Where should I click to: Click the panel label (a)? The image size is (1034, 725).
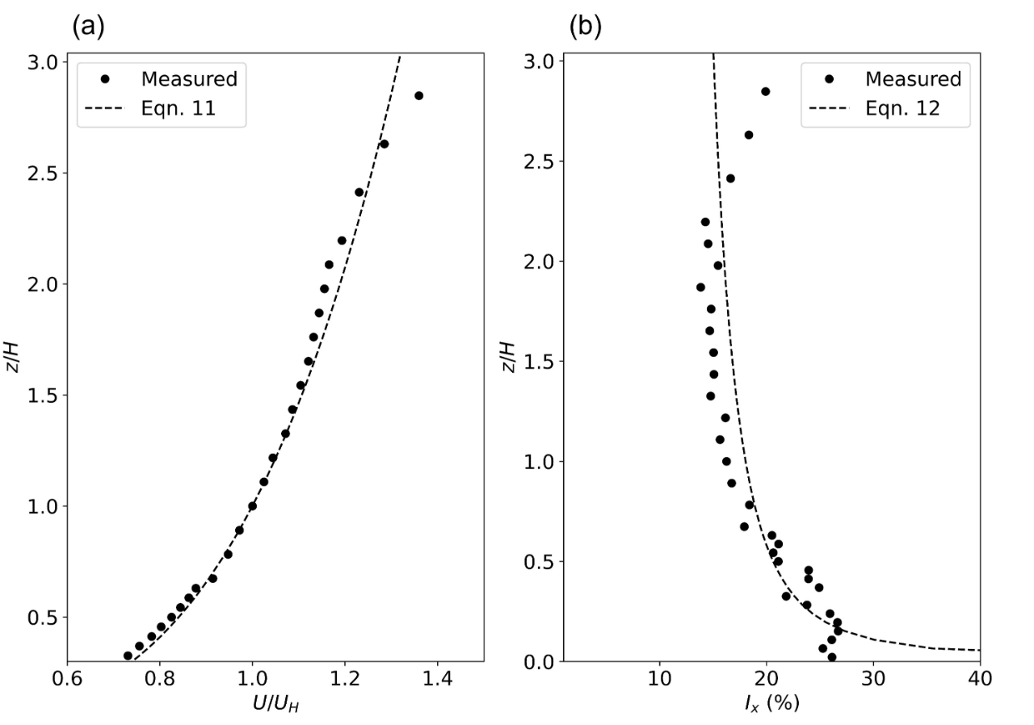[x=88, y=27]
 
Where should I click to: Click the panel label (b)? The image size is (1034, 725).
[x=586, y=27]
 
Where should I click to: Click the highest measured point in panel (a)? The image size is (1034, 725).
[x=418, y=96]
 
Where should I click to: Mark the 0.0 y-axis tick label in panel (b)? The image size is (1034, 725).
[x=537, y=661]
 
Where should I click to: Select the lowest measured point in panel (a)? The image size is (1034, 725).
[x=128, y=656]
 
